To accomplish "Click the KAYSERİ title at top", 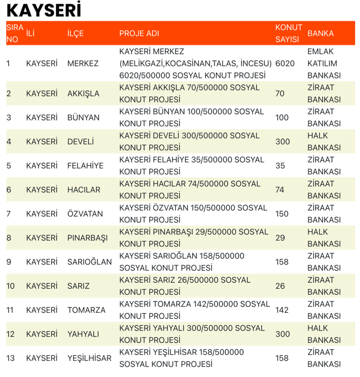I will click(44, 11).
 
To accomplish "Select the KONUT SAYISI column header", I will click(289, 33).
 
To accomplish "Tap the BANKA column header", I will click(320, 33).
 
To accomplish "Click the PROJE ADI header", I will click(139, 33).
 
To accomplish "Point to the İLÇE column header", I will click(75, 33).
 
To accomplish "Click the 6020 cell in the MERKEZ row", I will click(285, 63).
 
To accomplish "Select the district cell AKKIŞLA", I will click(83, 93).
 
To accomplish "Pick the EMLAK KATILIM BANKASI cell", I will click(324, 63).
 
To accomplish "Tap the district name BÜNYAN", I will click(83, 117).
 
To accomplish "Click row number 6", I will click(9, 190).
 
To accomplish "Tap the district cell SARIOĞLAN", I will click(89, 262).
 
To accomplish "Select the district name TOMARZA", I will click(86, 310).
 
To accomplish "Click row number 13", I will click(10, 358).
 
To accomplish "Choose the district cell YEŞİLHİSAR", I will click(89, 358).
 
